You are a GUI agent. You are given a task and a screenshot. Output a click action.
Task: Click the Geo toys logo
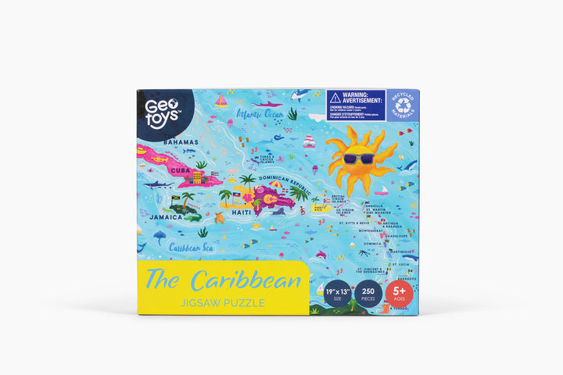(159, 108)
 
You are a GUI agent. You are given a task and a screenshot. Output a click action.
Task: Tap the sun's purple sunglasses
(359, 159)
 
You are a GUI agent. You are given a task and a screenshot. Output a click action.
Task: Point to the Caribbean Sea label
(191, 248)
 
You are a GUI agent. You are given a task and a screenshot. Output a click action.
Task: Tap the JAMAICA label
(167, 217)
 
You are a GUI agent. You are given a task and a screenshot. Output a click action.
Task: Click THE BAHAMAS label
(179, 141)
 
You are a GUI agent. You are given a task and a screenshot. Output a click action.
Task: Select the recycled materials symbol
(403, 105)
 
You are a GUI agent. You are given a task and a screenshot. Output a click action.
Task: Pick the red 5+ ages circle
(398, 295)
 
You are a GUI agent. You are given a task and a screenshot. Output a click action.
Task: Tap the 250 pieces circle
(368, 295)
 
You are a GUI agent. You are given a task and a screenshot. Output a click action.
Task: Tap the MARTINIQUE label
(401, 252)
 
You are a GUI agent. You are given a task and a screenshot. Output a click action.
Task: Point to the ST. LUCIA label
(400, 264)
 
